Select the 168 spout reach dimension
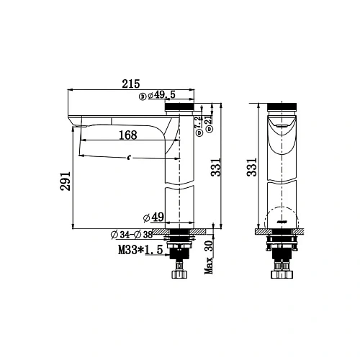tap(128, 134)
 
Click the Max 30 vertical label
tap(210, 257)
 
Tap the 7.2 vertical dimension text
tap(198, 125)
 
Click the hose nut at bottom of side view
tap(177, 274)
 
